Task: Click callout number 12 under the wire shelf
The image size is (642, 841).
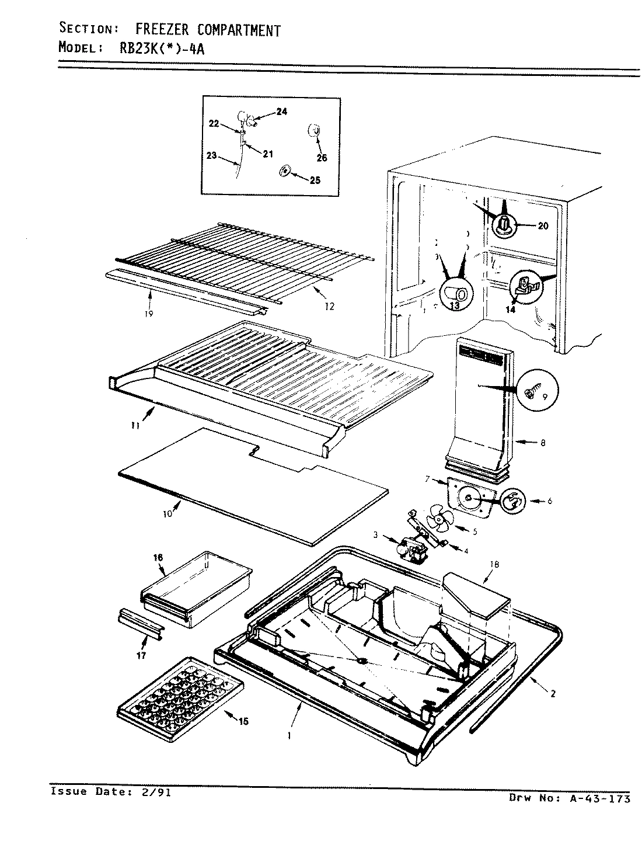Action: pyautogui.click(x=330, y=307)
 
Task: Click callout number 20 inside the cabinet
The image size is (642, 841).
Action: pyautogui.click(x=542, y=227)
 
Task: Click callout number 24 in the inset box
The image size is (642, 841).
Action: pyautogui.click(x=281, y=112)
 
